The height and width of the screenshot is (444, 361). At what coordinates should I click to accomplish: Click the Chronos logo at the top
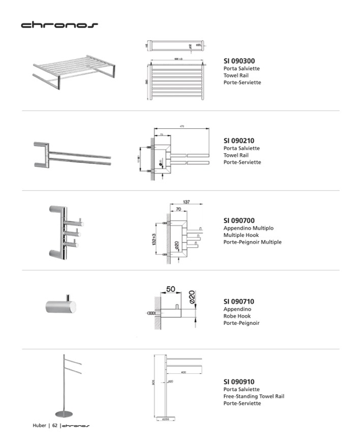click(x=59, y=25)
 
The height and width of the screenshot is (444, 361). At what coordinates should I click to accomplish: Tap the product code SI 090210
click(x=239, y=141)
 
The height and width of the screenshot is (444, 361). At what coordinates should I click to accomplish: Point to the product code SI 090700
click(x=239, y=220)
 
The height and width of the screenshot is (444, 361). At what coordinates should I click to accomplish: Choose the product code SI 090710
click(x=239, y=301)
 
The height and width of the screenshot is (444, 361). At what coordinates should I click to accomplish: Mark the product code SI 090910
click(x=239, y=381)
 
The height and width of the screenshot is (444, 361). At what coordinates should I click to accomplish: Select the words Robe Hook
click(x=237, y=316)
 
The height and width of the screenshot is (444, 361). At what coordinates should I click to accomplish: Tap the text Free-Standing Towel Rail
click(x=254, y=396)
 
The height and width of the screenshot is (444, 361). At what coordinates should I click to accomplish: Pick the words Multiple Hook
click(x=241, y=235)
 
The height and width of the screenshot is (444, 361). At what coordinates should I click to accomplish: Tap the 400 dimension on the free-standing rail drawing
click(x=183, y=372)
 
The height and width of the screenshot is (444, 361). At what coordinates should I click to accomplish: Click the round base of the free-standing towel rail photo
click(x=64, y=414)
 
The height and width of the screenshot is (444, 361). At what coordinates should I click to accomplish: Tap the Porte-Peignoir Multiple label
click(x=252, y=242)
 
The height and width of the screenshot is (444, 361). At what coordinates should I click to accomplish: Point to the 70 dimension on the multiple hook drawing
click(x=179, y=209)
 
